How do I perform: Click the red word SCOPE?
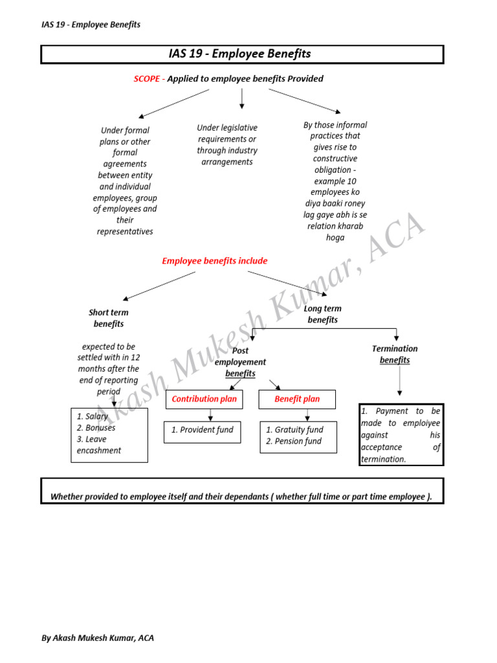pyautogui.click(x=146, y=79)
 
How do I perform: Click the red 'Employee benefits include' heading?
pyautogui.click(x=214, y=261)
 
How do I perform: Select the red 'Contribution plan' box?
pyautogui.click(x=204, y=399)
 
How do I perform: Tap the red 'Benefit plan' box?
pyautogui.click(x=297, y=399)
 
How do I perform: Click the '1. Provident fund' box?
pyautogui.click(x=202, y=430)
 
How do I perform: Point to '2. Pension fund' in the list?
pyautogui.click(x=294, y=442)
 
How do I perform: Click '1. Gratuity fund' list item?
pyautogui.click(x=294, y=430)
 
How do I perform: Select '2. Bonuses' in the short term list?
pyautogui.click(x=96, y=428)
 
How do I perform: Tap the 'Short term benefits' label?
pyautogui.click(x=109, y=318)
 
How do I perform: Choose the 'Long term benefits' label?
pyautogui.click(x=322, y=314)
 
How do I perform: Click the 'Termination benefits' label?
pyautogui.click(x=395, y=354)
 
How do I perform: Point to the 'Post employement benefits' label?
pyautogui.click(x=240, y=362)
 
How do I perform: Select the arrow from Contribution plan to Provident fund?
pyautogui.click(x=210, y=415)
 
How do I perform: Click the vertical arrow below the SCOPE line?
pyautogui.click(x=241, y=98)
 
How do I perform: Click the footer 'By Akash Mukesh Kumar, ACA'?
pyautogui.click(x=98, y=638)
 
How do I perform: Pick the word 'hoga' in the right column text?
pyautogui.click(x=335, y=238)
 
